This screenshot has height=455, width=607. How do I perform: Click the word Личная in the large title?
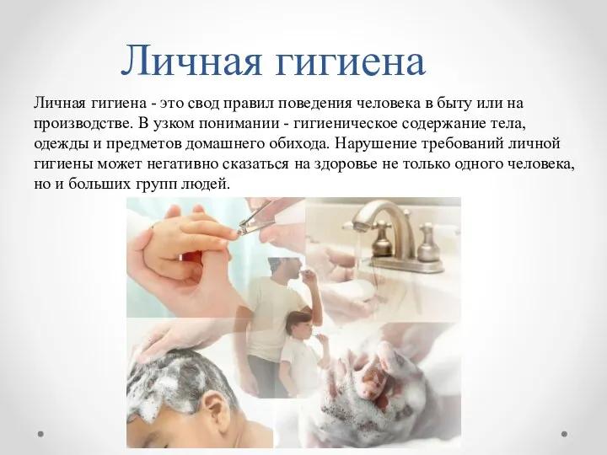coord(191,61)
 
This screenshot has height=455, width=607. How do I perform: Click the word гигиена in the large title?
coord(351,62)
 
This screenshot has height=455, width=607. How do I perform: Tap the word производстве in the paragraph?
coord(82,124)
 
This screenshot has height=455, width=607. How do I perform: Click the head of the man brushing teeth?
coord(287,270)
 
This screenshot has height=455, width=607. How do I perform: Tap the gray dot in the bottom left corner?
coord(40,434)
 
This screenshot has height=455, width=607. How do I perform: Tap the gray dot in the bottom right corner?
coord(564,434)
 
